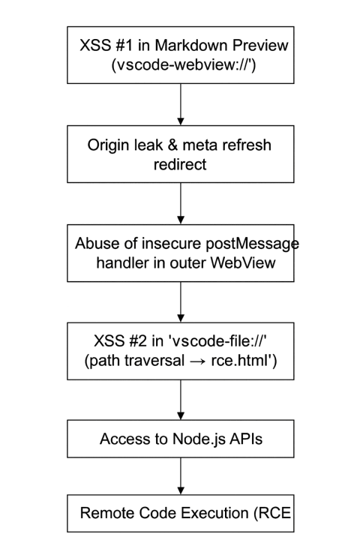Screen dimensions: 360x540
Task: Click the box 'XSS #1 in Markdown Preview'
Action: (x=181, y=55)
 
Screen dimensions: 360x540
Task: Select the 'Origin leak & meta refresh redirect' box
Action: (x=181, y=154)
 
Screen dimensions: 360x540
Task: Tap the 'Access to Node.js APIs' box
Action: (x=181, y=439)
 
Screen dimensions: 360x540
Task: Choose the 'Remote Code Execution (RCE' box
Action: (x=181, y=514)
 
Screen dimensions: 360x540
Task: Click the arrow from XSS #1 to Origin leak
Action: (x=181, y=104)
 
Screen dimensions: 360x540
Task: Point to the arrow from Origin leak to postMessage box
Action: (x=181, y=203)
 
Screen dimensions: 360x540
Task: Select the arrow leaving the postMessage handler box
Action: (x=181, y=302)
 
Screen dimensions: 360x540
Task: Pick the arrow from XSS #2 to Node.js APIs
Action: (x=181, y=400)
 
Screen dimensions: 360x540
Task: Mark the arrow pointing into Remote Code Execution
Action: (x=181, y=476)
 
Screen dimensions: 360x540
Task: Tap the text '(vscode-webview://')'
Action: (x=184, y=64)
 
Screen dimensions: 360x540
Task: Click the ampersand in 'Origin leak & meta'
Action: (x=172, y=145)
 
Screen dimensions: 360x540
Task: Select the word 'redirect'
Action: (x=180, y=164)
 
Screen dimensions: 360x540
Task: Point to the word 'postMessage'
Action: (x=252, y=244)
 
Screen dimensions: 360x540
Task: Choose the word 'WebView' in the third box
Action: (x=243, y=262)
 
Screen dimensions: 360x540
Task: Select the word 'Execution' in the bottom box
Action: (x=214, y=513)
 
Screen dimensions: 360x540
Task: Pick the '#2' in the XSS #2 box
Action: (x=138, y=341)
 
